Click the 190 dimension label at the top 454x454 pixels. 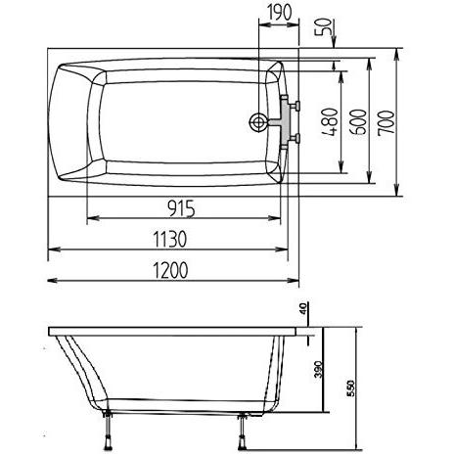[279, 12]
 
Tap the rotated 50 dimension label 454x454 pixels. [323, 27]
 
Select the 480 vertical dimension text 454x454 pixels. [330, 121]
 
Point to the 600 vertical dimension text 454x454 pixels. [358, 121]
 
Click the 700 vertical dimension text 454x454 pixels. [386, 122]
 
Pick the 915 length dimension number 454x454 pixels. [181, 208]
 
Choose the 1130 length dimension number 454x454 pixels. [170, 239]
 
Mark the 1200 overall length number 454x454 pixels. [170, 270]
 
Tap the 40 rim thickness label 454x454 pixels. [302, 308]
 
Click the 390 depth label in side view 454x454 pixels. [319, 369]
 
